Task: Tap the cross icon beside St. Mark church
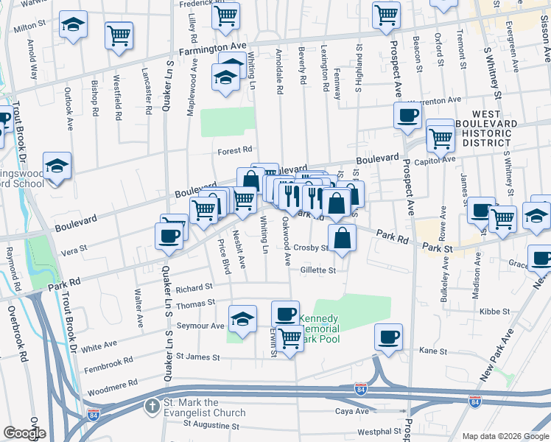tap(151, 406)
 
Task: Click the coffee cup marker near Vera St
tap(169, 235)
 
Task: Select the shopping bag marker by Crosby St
tap(343, 239)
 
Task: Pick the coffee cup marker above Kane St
tap(388, 337)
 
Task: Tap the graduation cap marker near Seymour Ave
tap(242, 318)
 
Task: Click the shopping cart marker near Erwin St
tap(290, 339)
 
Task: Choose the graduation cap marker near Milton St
tap(73, 25)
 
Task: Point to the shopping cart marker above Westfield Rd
tap(119, 35)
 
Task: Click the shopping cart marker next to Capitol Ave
tap(441, 135)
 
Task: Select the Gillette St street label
tap(317, 270)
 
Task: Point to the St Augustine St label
tap(211, 425)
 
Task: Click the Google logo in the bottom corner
tap(24, 433)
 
